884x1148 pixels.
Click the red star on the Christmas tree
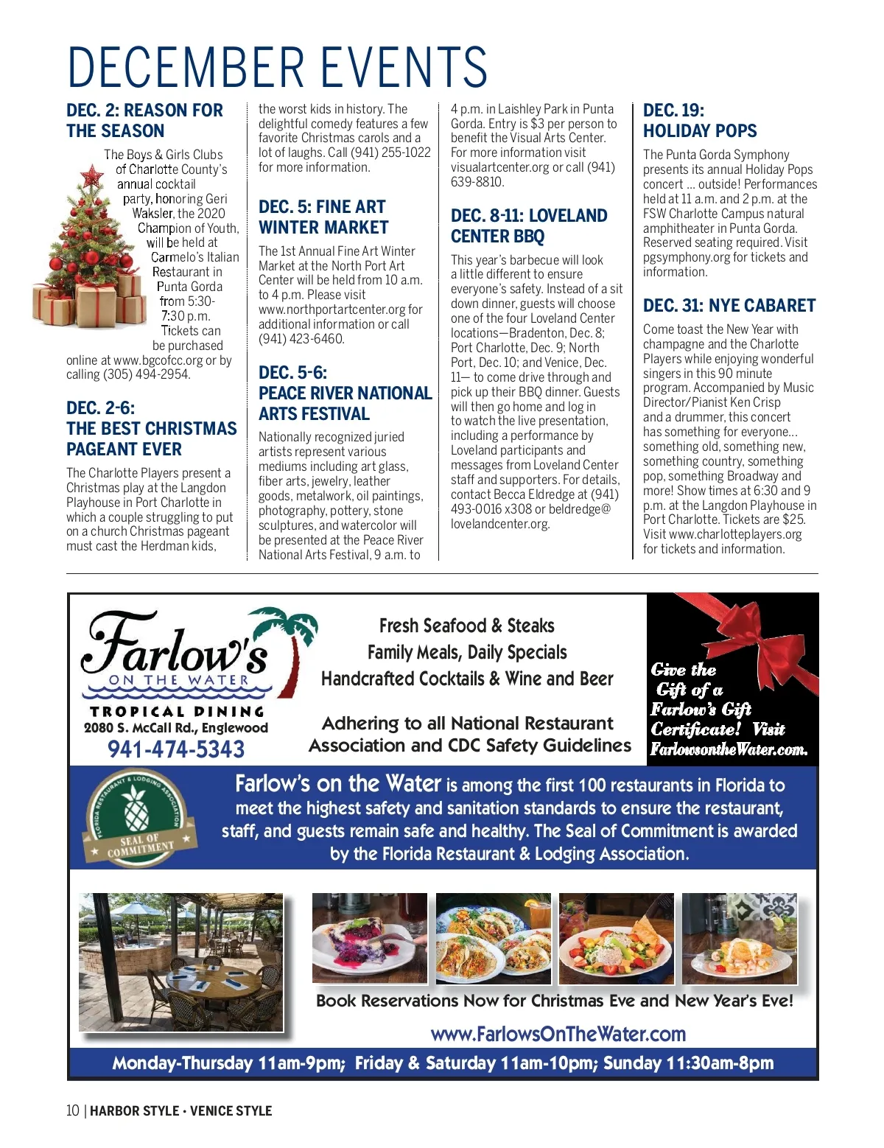[x=92, y=176]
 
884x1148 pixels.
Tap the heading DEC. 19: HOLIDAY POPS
[x=699, y=121]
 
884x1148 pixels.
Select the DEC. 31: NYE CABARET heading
[x=729, y=306]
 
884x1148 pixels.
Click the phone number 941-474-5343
[x=176, y=749]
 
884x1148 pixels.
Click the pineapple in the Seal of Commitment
[x=137, y=812]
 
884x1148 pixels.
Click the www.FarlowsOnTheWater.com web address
[x=558, y=1034]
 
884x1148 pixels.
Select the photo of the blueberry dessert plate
[x=369, y=937]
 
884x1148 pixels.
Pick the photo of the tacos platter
[x=493, y=937]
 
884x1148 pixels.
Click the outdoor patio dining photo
[x=181, y=962]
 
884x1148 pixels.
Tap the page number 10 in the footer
[x=73, y=1110]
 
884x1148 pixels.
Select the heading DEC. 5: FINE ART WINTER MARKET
[x=323, y=217]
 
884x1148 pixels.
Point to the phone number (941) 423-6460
[x=301, y=339]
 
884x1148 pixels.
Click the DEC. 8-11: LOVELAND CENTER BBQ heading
[x=528, y=226]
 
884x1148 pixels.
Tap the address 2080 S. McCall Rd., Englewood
[x=176, y=728]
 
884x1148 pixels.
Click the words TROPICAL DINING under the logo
[x=176, y=712]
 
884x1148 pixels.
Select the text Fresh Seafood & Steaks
[x=466, y=626]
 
